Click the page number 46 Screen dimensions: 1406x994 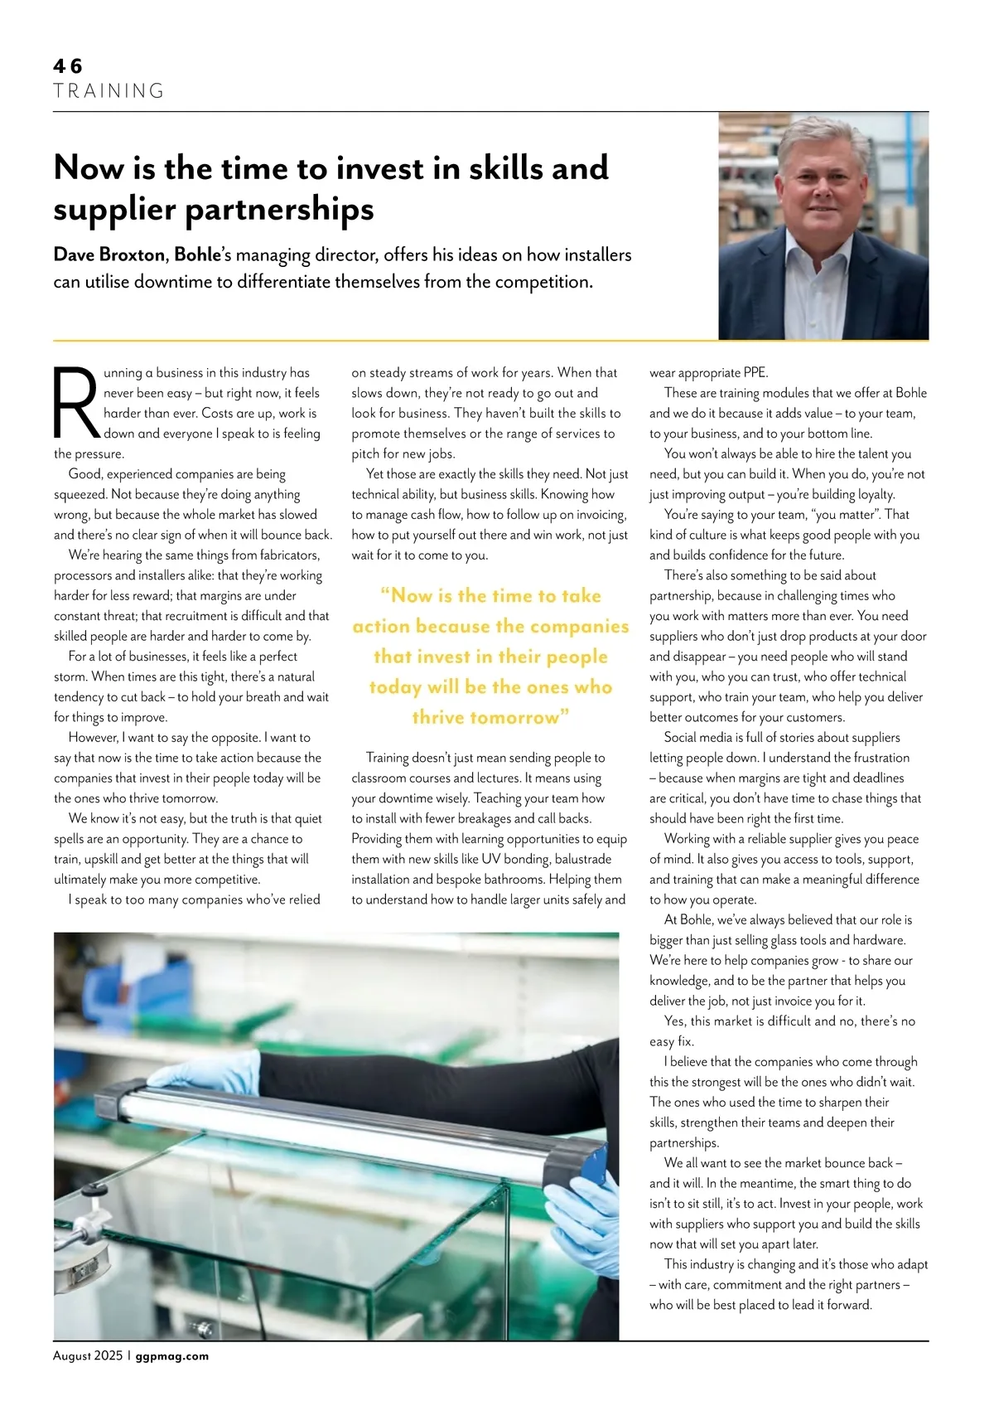(68, 66)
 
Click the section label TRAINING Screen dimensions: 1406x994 (109, 91)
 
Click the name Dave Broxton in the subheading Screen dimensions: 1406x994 (109, 255)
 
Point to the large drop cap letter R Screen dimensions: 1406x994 (76, 403)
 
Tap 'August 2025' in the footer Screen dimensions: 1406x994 (88, 1356)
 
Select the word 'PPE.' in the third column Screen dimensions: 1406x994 (751, 373)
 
